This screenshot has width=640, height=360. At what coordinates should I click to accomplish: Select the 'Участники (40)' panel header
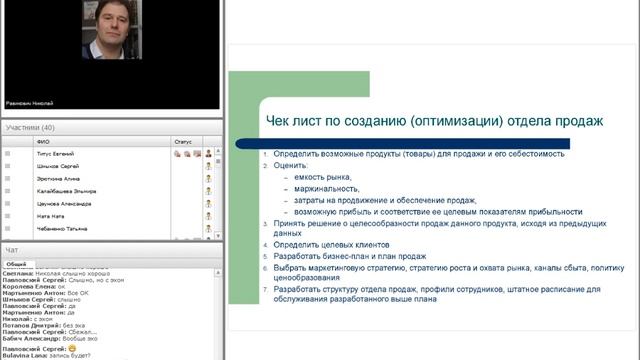point(30,128)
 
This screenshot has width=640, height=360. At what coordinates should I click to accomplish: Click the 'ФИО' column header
point(42,142)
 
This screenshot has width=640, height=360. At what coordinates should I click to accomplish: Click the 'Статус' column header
point(182,142)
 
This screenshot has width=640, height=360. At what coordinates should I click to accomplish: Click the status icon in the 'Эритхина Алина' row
point(208,179)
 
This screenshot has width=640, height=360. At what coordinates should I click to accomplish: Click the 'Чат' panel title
point(12,249)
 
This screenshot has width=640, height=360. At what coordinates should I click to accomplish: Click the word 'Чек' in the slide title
point(280,121)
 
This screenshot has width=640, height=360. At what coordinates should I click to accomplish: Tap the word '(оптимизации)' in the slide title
point(459,121)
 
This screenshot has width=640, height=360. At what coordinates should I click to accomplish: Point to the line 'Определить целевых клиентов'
point(330,244)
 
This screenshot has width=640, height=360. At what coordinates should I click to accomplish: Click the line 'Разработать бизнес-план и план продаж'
point(346,257)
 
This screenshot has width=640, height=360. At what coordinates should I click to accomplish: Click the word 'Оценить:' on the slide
point(289,165)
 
